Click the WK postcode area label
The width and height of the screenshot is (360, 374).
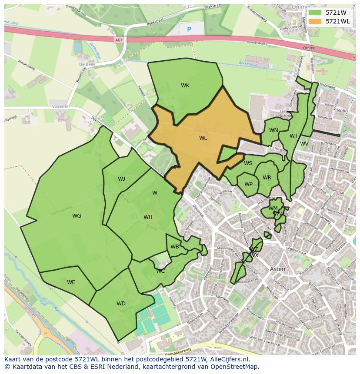click(x=185, y=86)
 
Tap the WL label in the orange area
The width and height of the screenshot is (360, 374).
click(x=203, y=138)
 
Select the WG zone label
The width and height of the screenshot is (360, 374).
click(x=77, y=216)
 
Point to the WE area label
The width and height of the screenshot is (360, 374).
click(x=71, y=282)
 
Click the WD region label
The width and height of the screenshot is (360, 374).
click(x=121, y=304)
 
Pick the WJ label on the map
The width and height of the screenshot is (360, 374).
click(x=121, y=179)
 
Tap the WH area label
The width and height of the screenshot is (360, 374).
click(x=148, y=217)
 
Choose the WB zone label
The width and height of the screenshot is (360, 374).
click(x=175, y=247)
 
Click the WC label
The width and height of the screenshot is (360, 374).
click(x=160, y=271)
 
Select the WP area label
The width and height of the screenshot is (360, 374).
click(x=248, y=184)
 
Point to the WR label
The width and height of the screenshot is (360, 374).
click(x=267, y=178)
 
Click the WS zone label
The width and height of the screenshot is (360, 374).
click(x=248, y=163)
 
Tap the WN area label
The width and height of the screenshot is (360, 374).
click(x=273, y=130)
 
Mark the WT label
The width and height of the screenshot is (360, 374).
click(x=294, y=136)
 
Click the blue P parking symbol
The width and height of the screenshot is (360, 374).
click(x=189, y=29)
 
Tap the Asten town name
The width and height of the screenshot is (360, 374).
click(x=278, y=269)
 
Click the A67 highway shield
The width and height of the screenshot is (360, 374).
click(x=119, y=40)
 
